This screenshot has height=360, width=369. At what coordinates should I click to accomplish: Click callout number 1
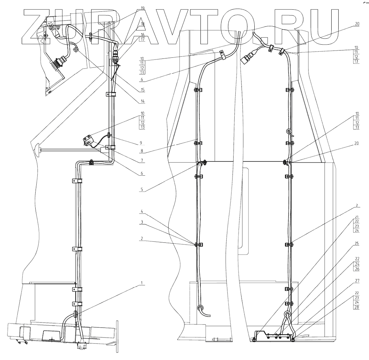coord(141,283)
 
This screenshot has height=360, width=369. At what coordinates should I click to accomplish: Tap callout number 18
coord(143,24)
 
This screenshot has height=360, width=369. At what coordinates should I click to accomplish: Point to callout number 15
coord(143,90)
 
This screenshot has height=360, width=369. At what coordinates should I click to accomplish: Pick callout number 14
coord(143,102)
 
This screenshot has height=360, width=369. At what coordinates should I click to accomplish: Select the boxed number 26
coord(356,269)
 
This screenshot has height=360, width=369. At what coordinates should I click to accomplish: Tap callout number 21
coord(356,217)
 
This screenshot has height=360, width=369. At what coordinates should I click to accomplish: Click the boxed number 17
coord(143,39)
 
